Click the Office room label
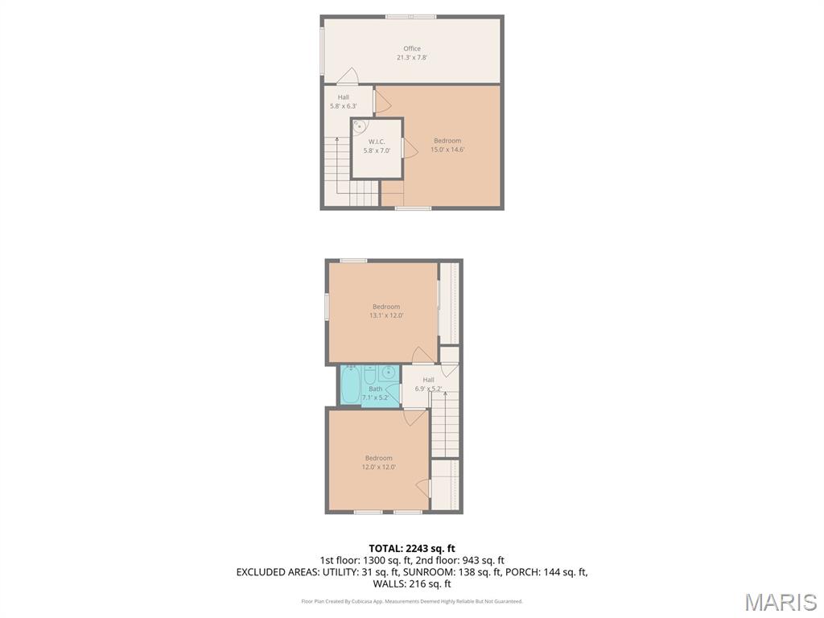(x=412, y=48)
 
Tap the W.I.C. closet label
(x=377, y=142)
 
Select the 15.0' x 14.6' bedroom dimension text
(x=447, y=150)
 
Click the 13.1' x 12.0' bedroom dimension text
(x=386, y=315)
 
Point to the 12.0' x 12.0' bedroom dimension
(x=378, y=467)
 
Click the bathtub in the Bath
(x=351, y=385)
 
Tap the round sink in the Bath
(x=389, y=373)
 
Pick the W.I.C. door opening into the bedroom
(x=410, y=148)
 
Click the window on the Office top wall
(x=411, y=17)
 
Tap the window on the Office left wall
(x=322, y=47)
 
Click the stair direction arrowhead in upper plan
(x=337, y=140)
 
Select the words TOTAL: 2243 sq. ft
(x=412, y=549)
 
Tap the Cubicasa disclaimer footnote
(x=412, y=601)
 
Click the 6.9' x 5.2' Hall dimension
(x=428, y=389)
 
